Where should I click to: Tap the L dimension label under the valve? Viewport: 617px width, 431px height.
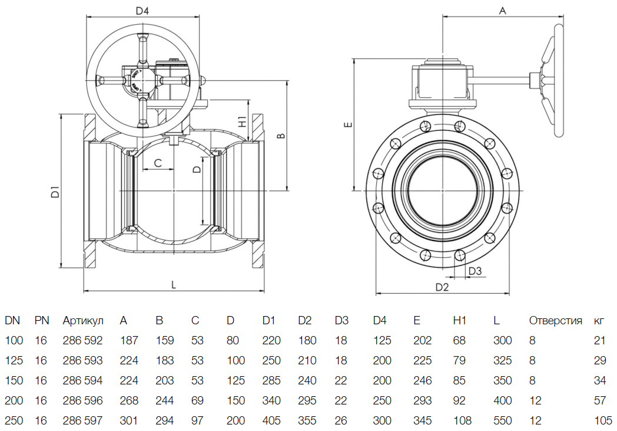coord(174,284)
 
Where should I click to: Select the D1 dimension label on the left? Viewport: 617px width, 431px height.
coord(54,191)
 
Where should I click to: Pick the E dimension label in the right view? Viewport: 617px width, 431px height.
coord(347,125)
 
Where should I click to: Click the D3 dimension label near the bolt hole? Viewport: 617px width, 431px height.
coord(475,271)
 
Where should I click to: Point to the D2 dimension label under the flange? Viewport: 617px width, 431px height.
coord(442,287)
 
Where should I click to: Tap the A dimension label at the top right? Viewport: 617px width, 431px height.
coord(502,11)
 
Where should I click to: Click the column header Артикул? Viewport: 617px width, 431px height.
coord(83,321)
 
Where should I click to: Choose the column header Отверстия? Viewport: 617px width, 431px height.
coord(555,321)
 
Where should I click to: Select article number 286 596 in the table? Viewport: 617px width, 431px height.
coord(82,401)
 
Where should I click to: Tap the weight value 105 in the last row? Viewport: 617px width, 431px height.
coord(603,421)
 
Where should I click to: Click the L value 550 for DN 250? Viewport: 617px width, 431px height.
coord(503,421)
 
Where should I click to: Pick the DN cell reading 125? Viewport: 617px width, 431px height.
coord(14,361)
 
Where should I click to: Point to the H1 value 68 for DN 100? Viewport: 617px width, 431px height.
coord(459,341)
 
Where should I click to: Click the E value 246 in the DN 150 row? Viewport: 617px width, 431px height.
coord(422,381)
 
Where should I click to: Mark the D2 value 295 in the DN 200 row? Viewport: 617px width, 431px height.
coord(307,401)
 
